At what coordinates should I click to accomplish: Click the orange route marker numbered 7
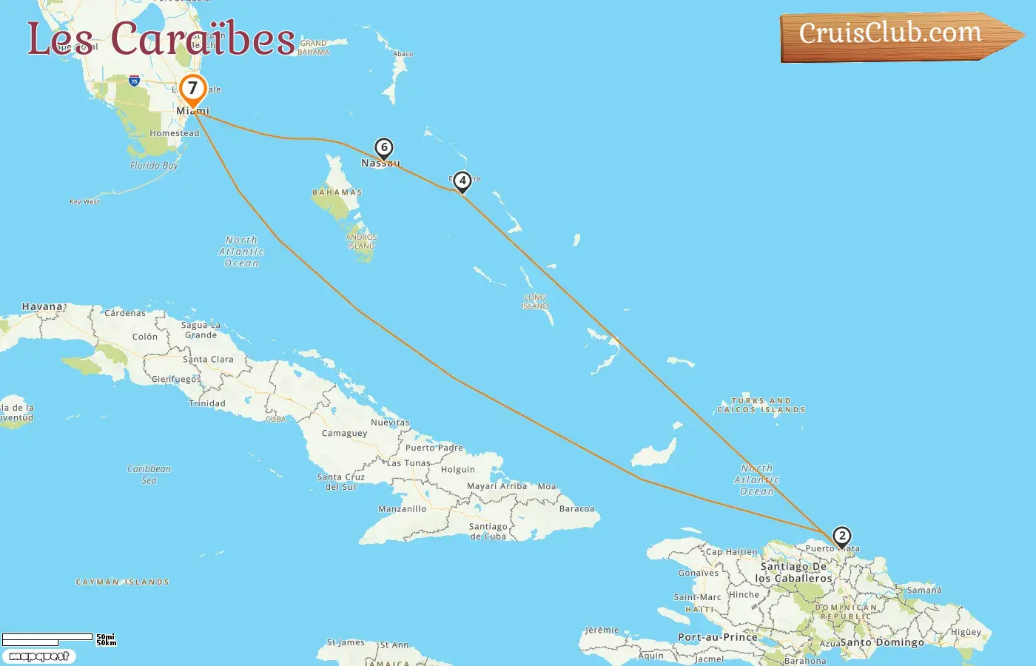[192, 89]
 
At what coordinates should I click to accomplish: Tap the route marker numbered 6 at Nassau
[383, 148]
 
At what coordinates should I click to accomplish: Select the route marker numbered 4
[462, 181]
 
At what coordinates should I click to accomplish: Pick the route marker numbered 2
[841, 536]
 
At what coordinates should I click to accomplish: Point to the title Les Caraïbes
[161, 38]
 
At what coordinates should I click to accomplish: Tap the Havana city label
[42, 306]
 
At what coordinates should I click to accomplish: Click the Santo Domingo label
[882, 642]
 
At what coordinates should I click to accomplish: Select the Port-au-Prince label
[717, 637]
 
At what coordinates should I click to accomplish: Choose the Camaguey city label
[344, 433]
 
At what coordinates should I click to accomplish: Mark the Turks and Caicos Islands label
[761, 405]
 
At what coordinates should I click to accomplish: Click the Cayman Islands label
[122, 582]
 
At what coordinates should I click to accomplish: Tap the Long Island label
[534, 301]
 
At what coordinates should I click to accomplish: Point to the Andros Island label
[361, 241]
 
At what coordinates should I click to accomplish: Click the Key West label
[84, 201]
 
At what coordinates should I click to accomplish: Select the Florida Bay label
[154, 165]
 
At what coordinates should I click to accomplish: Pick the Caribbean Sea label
[149, 474]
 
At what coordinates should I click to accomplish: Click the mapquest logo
[38, 656]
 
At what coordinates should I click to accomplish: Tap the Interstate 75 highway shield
[134, 80]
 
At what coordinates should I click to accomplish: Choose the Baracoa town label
[576, 509]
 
